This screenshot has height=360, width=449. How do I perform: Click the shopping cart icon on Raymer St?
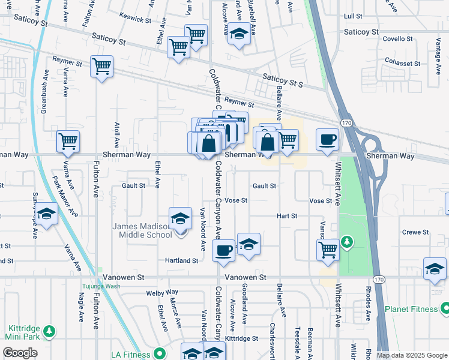[x=101, y=67]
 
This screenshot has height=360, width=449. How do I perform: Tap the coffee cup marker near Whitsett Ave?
[x=327, y=140]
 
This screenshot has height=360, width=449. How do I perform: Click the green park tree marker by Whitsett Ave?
[x=346, y=242]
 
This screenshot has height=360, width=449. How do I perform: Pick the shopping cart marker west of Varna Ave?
[x=68, y=142]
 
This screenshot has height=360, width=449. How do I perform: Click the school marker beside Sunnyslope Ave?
[x=46, y=214]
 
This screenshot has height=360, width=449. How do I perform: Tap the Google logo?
[x=20, y=353]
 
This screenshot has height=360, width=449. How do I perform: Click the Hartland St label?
[x=182, y=261]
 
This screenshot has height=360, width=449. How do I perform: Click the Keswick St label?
[x=135, y=19]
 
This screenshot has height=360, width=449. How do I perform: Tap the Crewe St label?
[x=415, y=232]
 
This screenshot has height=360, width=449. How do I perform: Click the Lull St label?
[x=352, y=16]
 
